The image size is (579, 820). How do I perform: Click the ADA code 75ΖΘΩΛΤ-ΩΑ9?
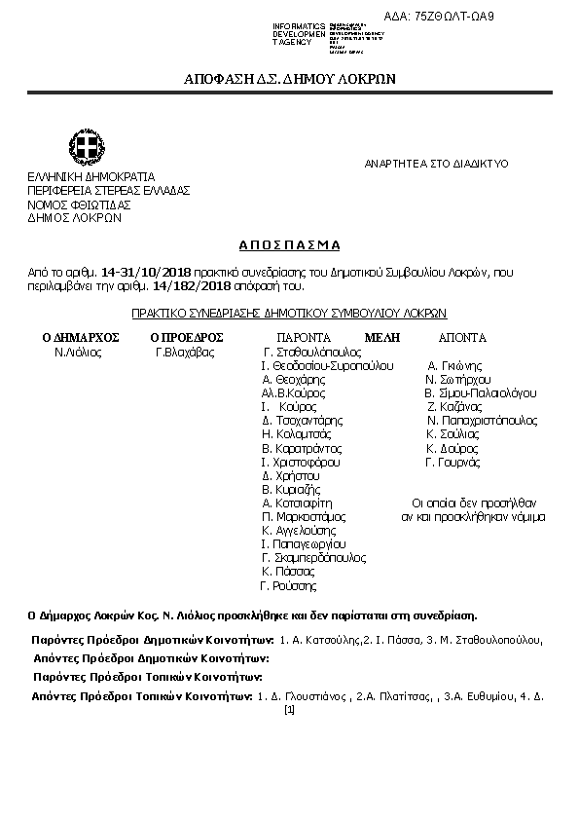pyautogui.click(x=453, y=18)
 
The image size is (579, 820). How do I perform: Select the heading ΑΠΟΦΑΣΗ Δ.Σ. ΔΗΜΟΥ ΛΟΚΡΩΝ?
pyautogui.click(x=289, y=79)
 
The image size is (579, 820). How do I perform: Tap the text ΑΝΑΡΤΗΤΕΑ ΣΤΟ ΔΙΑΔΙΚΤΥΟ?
pyautogui.click(x=436, y=164)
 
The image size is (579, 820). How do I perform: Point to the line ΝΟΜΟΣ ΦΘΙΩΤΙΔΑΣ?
pyautogui.click(x=79, y=205)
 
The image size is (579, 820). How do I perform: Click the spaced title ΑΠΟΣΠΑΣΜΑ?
pyautogui.click(x=289, y=245)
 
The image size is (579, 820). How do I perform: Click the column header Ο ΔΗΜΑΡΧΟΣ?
pyautogui.click(x=80, y=337)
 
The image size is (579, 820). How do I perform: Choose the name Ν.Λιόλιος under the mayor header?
pyautogui.click(x=78, y=352)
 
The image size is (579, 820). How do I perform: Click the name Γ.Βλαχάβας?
pyautogui.click(x=185, y=352)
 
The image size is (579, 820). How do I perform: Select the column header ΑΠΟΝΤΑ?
pyautogui.click(x=461, y=337)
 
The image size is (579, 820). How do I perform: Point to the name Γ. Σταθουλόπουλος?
pyautogui.click(x=312, y=352)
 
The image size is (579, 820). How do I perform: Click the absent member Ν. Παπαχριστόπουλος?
pyautogui.click(x=482, y=421)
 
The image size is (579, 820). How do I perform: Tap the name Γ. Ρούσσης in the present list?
pyautogui.click(x=288, y=586)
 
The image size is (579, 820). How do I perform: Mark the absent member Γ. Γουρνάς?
pyautogui.click(x=452, y=462)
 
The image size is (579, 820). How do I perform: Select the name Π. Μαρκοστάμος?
pyautogui.click(x=305, y=517)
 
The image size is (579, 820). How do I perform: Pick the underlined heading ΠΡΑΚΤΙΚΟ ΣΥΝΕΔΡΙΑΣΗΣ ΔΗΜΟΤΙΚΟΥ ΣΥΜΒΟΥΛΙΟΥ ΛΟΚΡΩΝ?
pyautogui.click(x=289, y=314)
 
